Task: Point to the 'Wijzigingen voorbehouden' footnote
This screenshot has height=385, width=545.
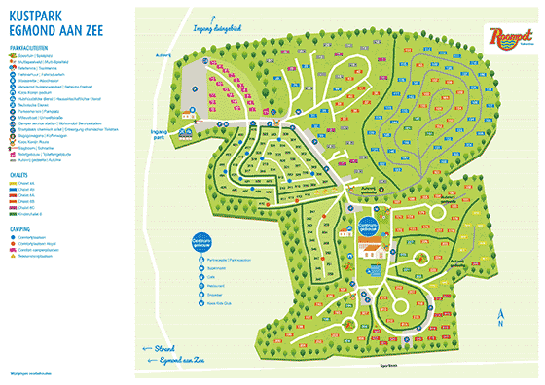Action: click(31, 373)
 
